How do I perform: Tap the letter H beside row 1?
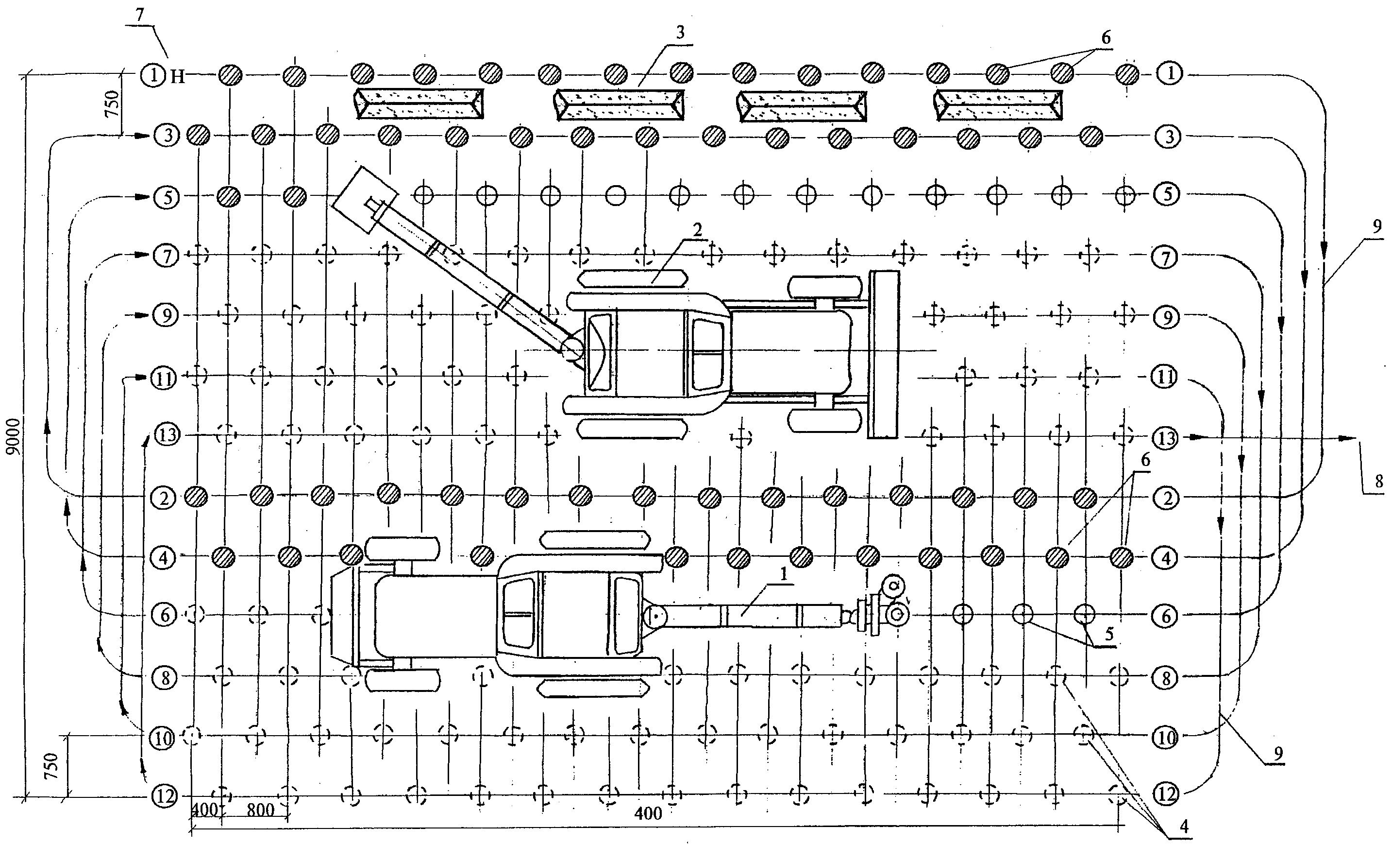(x=178, y=76)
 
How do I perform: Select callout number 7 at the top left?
(x=140, y=15)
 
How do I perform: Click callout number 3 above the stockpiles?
(x=680, y=33)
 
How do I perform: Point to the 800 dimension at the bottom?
(x=260, y=810)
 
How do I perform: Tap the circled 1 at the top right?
(x=1171, y=73)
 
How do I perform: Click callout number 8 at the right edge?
(x=1379, y=481)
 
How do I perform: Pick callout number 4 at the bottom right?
(x=1184, y=826)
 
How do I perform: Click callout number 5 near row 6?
(x=1109, y=634)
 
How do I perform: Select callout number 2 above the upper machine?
(x=698, y=229)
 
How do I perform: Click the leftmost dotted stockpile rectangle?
(x=419, y=104)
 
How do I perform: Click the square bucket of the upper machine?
(x=364, y=200)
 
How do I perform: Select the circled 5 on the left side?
(x=165, y=197)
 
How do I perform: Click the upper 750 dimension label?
(x=112, y=104)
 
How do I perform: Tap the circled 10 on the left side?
(x=163, y=738)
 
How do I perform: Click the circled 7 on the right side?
(x=1165, y=258)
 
